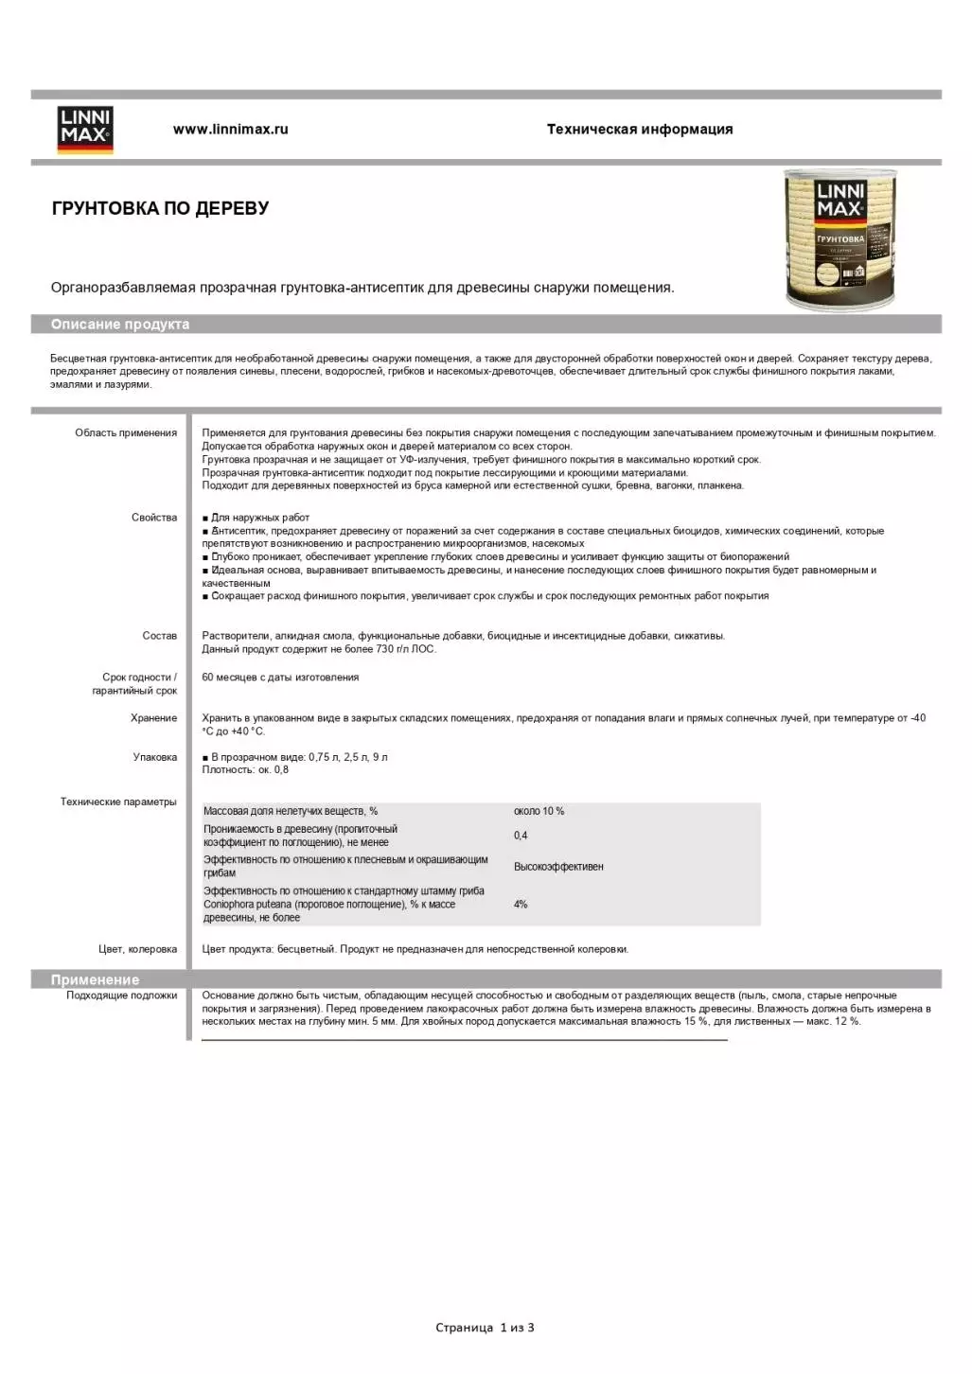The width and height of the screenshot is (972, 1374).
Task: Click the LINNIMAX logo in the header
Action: click(x=85, y=129)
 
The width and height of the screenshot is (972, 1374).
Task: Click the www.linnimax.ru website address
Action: click(x=230, y=130)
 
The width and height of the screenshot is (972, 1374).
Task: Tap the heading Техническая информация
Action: click(x=639, y=130)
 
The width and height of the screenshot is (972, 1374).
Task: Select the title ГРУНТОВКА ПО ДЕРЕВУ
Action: click(x=160, y=208)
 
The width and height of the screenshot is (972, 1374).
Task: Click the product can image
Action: click(x=840, y=239)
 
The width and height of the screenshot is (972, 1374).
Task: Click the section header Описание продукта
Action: click(x=120, y=325)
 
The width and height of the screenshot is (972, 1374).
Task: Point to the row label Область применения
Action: click(x=126, y=433)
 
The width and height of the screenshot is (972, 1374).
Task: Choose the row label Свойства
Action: click(x=154, y=518)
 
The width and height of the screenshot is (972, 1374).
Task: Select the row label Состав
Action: click(x=159, y=636)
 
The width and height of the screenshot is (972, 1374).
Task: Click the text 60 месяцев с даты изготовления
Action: click(x=280, y=678)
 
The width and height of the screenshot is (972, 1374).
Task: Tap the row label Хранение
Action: click(x=153, y=718)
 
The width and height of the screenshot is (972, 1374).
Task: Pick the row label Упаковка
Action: click(x=154, y=757)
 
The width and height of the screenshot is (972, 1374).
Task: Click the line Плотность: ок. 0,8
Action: click(x=245, y=770)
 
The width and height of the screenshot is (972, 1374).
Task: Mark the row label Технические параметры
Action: click(x=118, y=802)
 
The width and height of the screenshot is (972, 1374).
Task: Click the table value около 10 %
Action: click(x=539, y=812)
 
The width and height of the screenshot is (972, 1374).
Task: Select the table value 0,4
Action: click(x=521, y=836)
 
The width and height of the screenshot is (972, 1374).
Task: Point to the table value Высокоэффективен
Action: click(x=558, y=867)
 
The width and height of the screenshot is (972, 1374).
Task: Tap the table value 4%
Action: click(x=521, y=905)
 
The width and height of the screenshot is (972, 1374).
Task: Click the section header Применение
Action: click(x=95, y=980)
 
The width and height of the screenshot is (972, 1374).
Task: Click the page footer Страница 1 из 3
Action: click(x=485, y=1328)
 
